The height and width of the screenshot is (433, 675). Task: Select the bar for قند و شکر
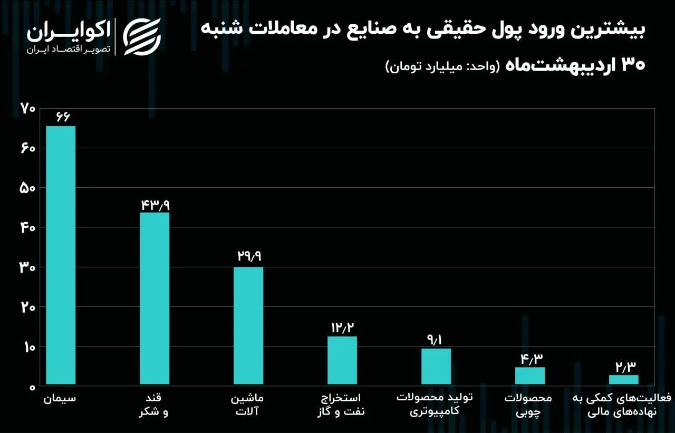(x=155, y=298)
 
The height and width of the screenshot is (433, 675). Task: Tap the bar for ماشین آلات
(x=248, y=325)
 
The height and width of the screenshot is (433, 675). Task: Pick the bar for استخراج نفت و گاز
(x=342, y=360)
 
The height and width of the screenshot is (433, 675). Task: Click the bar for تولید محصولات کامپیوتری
(x=436, y=366)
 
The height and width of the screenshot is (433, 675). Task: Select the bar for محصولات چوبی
(x=530, y=376)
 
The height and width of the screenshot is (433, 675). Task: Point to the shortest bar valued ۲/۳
(x=624, y=380)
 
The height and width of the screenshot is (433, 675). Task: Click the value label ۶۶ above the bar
(x=61, y=117)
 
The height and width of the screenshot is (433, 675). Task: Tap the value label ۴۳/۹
(x=155, y=204)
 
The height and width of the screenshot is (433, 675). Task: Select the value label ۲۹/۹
(x=248, y=257)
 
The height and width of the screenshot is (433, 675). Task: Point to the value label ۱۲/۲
(x=342, y=328)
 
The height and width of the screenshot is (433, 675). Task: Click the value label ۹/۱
(x=436, y=340)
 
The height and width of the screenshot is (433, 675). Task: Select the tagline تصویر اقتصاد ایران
(x=69, y=49)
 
